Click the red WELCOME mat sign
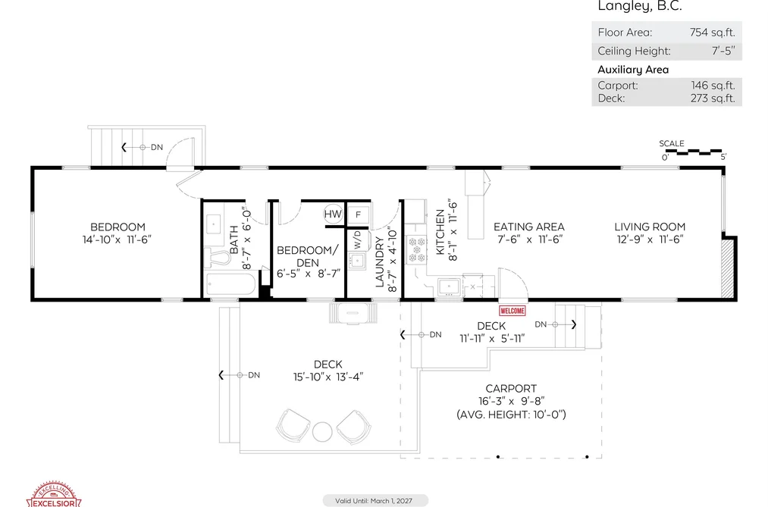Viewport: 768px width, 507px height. [513, 311]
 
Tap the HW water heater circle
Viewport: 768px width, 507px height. [333, 214]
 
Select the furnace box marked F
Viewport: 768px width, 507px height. [358, 214]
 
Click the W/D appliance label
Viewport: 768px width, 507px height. [358, 239]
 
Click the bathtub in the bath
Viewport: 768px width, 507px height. [230, 284]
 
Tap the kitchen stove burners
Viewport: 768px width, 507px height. [417, 249]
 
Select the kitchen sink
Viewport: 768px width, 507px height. [449, 286]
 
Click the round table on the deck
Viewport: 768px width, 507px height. [322, 432]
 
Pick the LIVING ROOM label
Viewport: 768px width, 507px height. [650, 227]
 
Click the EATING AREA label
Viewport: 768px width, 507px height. [529, 227]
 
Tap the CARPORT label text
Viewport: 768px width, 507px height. [511, 389]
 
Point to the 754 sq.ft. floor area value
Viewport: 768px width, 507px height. [712, 33]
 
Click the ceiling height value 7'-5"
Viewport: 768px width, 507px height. [723, 51]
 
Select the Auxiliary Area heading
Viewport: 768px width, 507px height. [633, 70]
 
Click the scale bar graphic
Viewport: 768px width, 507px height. [694, 152]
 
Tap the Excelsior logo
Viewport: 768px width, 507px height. [54, 495]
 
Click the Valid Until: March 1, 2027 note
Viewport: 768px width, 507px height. [374, 501]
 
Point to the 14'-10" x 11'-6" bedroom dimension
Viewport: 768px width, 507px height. [117, 239]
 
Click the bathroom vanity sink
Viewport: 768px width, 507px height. [214, 224]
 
